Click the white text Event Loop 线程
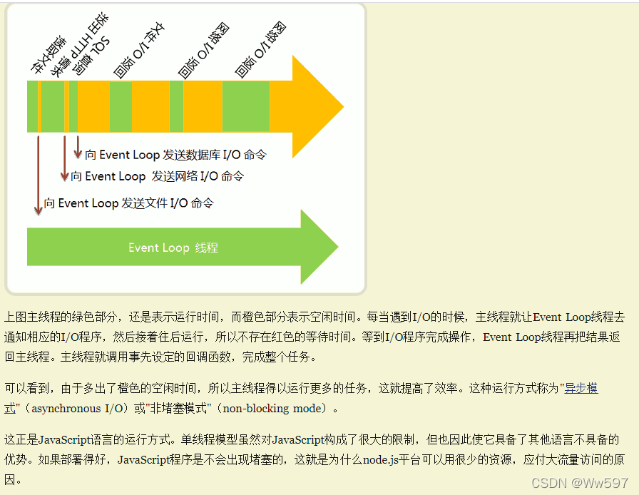pyautogui.click(x=173, y=248)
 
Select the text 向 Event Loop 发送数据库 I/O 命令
pyautogui.click(x=175, y=155)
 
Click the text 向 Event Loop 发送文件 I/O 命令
pyautogui.click(x=128, y=203)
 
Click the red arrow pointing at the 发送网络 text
pyautogui.click(x=64, y=157)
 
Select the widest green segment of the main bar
pyautogui.click(x=246, y=107)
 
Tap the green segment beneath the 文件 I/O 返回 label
pyautogui.click(x=121, y=107)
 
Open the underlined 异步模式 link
pyautogui.click(x=581, y=389)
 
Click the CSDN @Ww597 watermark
pyautogui.click(x=580, y=483)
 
